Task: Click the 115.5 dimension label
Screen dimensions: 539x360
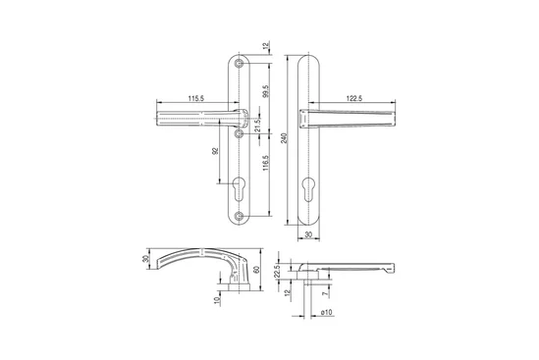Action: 196,98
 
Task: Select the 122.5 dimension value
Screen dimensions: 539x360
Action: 354,98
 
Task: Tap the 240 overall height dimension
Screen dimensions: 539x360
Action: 284,138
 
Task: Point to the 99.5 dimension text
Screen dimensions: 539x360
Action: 266,91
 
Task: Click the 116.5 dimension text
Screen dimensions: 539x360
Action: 266,164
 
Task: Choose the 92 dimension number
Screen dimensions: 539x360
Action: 216,151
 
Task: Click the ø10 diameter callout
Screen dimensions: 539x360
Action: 326,312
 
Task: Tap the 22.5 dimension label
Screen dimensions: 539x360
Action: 278,272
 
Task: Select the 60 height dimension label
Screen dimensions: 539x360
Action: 255,270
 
